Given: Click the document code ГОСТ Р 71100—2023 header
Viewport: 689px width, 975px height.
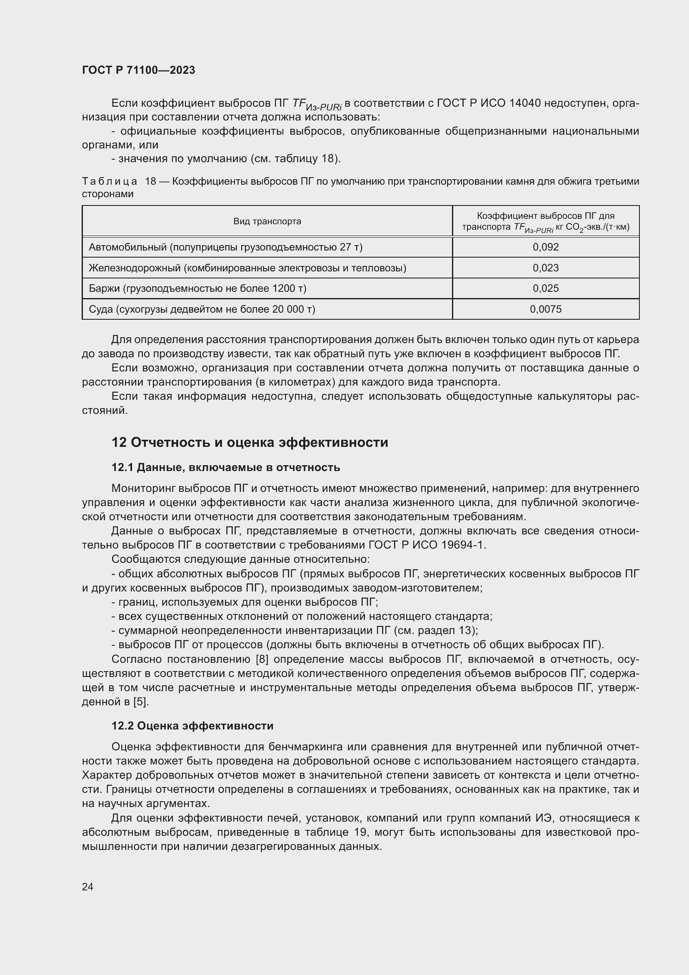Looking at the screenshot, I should tap(138, 70).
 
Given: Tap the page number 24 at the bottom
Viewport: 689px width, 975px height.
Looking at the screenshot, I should tap(87, 887).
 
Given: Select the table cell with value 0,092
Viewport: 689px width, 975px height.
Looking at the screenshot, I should tap(546, 247).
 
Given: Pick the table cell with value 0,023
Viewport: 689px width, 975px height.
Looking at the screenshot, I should tap(546, 268).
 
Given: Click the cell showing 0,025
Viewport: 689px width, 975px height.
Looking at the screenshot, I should tap(546, 288).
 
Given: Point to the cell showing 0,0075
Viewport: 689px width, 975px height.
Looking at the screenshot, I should tap(546, 309).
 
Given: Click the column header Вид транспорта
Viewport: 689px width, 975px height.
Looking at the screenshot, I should tap(267, 221).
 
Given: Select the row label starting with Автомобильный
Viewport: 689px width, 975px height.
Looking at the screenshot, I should tap(225, 247).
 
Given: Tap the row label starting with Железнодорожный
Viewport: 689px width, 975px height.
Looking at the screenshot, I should tap(247, 268).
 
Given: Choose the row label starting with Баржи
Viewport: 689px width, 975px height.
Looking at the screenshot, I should tap(197, 288).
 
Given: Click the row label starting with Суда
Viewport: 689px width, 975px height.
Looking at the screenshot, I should tap(202, 309).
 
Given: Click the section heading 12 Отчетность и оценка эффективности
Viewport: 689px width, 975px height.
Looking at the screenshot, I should tap(250, 443).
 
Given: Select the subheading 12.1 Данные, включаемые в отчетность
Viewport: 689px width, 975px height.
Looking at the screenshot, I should tap(226, 468).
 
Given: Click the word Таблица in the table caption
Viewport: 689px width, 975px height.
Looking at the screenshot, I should tap(110, 181).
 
